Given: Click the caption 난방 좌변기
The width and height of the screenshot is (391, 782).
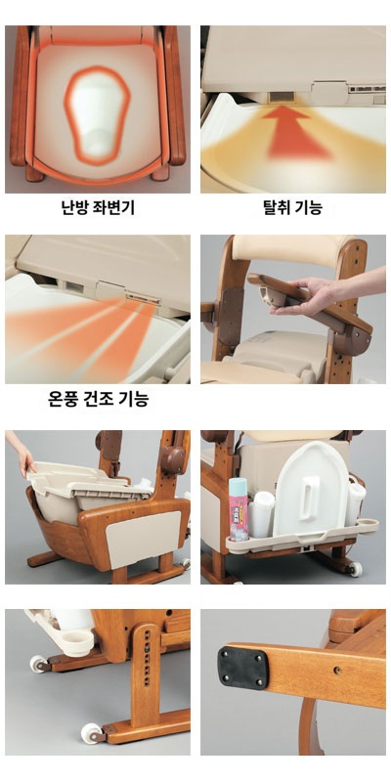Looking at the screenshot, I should pyautogui.click(x=98, y=207).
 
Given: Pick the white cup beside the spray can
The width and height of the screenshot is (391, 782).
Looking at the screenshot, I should pyautogui.click(x=263, y=512).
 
